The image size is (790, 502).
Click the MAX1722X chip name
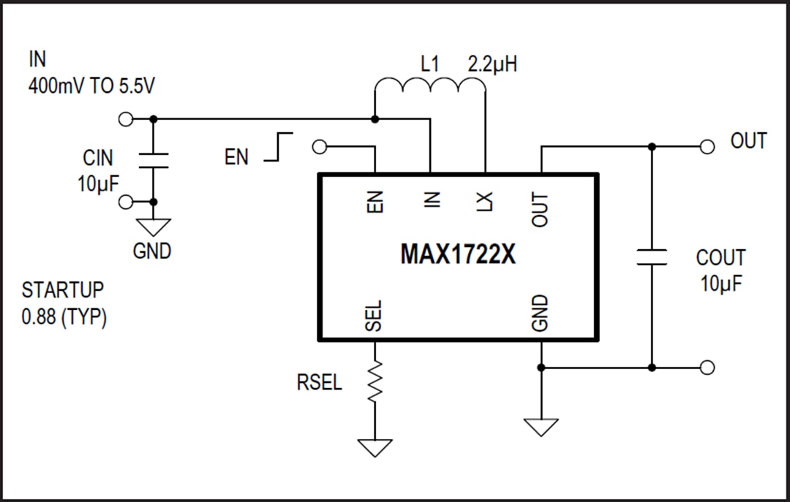458,255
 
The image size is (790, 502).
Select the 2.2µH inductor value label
492,64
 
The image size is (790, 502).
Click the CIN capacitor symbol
154,161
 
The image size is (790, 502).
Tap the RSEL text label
319,382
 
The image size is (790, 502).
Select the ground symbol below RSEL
375,446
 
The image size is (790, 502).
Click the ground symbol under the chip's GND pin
541,426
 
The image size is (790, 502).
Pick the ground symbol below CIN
154,227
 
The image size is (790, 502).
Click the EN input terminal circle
319,147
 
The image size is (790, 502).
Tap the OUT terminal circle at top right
707,147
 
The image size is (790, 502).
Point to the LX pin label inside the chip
485,199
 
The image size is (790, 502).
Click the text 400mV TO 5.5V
91,85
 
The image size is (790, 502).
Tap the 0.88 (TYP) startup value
64,318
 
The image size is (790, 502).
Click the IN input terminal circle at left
126,119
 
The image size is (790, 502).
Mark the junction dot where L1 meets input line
375,119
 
